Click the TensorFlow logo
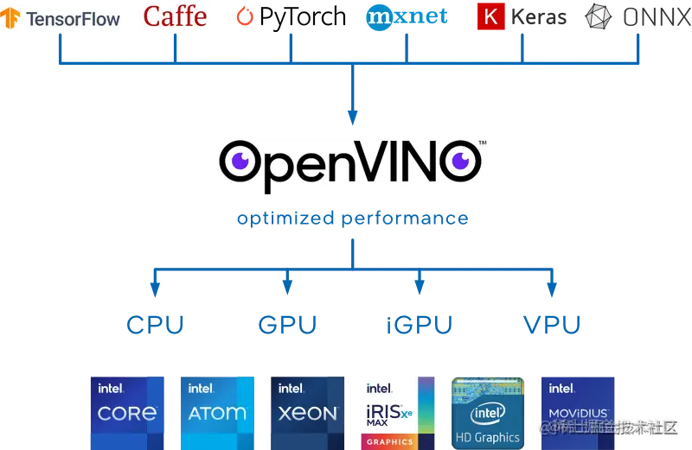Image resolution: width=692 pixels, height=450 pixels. (x=62, y=17)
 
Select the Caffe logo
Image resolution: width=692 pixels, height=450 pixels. (x=175, y=16)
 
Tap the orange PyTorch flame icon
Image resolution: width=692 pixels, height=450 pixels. (x=247, y=16)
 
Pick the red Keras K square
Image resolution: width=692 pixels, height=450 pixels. (x=490, y=17)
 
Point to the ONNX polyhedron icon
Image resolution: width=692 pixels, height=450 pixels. (x=599, y=17)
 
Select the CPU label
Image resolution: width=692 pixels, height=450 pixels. (x=156, y=326)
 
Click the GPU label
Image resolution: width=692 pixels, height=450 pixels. (x=288, y=326)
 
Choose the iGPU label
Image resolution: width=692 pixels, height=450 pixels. (x=420, y=326)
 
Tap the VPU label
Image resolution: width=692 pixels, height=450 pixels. (x=552, y=326)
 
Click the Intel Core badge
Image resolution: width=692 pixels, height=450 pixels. (x=128, y=411)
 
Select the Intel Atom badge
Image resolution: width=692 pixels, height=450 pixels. (x=218, y=411)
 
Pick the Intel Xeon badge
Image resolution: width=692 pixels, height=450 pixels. (x=308, y=411)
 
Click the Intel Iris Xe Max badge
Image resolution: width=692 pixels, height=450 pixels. (x=398, y=411)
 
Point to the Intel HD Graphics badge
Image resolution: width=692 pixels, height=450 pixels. (x=488, y=411)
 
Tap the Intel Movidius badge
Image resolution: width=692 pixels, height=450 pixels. (x=578, y=411)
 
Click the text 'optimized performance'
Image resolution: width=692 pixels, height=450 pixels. (x=353, y=219)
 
